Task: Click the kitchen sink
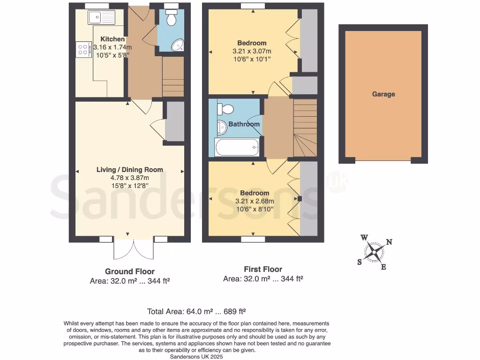pos(101,18)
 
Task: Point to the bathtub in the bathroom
pos(237,148)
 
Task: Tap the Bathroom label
pos(244,124)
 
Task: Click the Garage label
pos(383,94)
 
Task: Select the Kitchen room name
pos(112,39)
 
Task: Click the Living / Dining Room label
pos(130,170)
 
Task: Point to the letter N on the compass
pos(389,242)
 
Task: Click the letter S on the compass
pos(360,262)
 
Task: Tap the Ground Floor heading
pos(129,271)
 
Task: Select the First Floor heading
pos(263,269)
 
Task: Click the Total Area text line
pos(196,311)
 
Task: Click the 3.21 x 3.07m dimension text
pos(252,51)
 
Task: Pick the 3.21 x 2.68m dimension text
pos(255,201)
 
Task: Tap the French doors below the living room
pos(134,249)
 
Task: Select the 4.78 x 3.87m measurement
pos(129,178)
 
